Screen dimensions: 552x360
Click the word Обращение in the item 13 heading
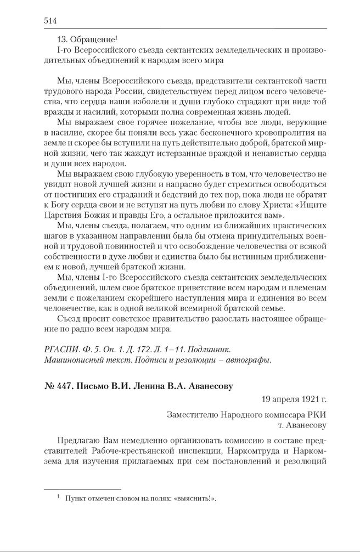(93, 41)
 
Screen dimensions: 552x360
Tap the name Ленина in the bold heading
(145, 386)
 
